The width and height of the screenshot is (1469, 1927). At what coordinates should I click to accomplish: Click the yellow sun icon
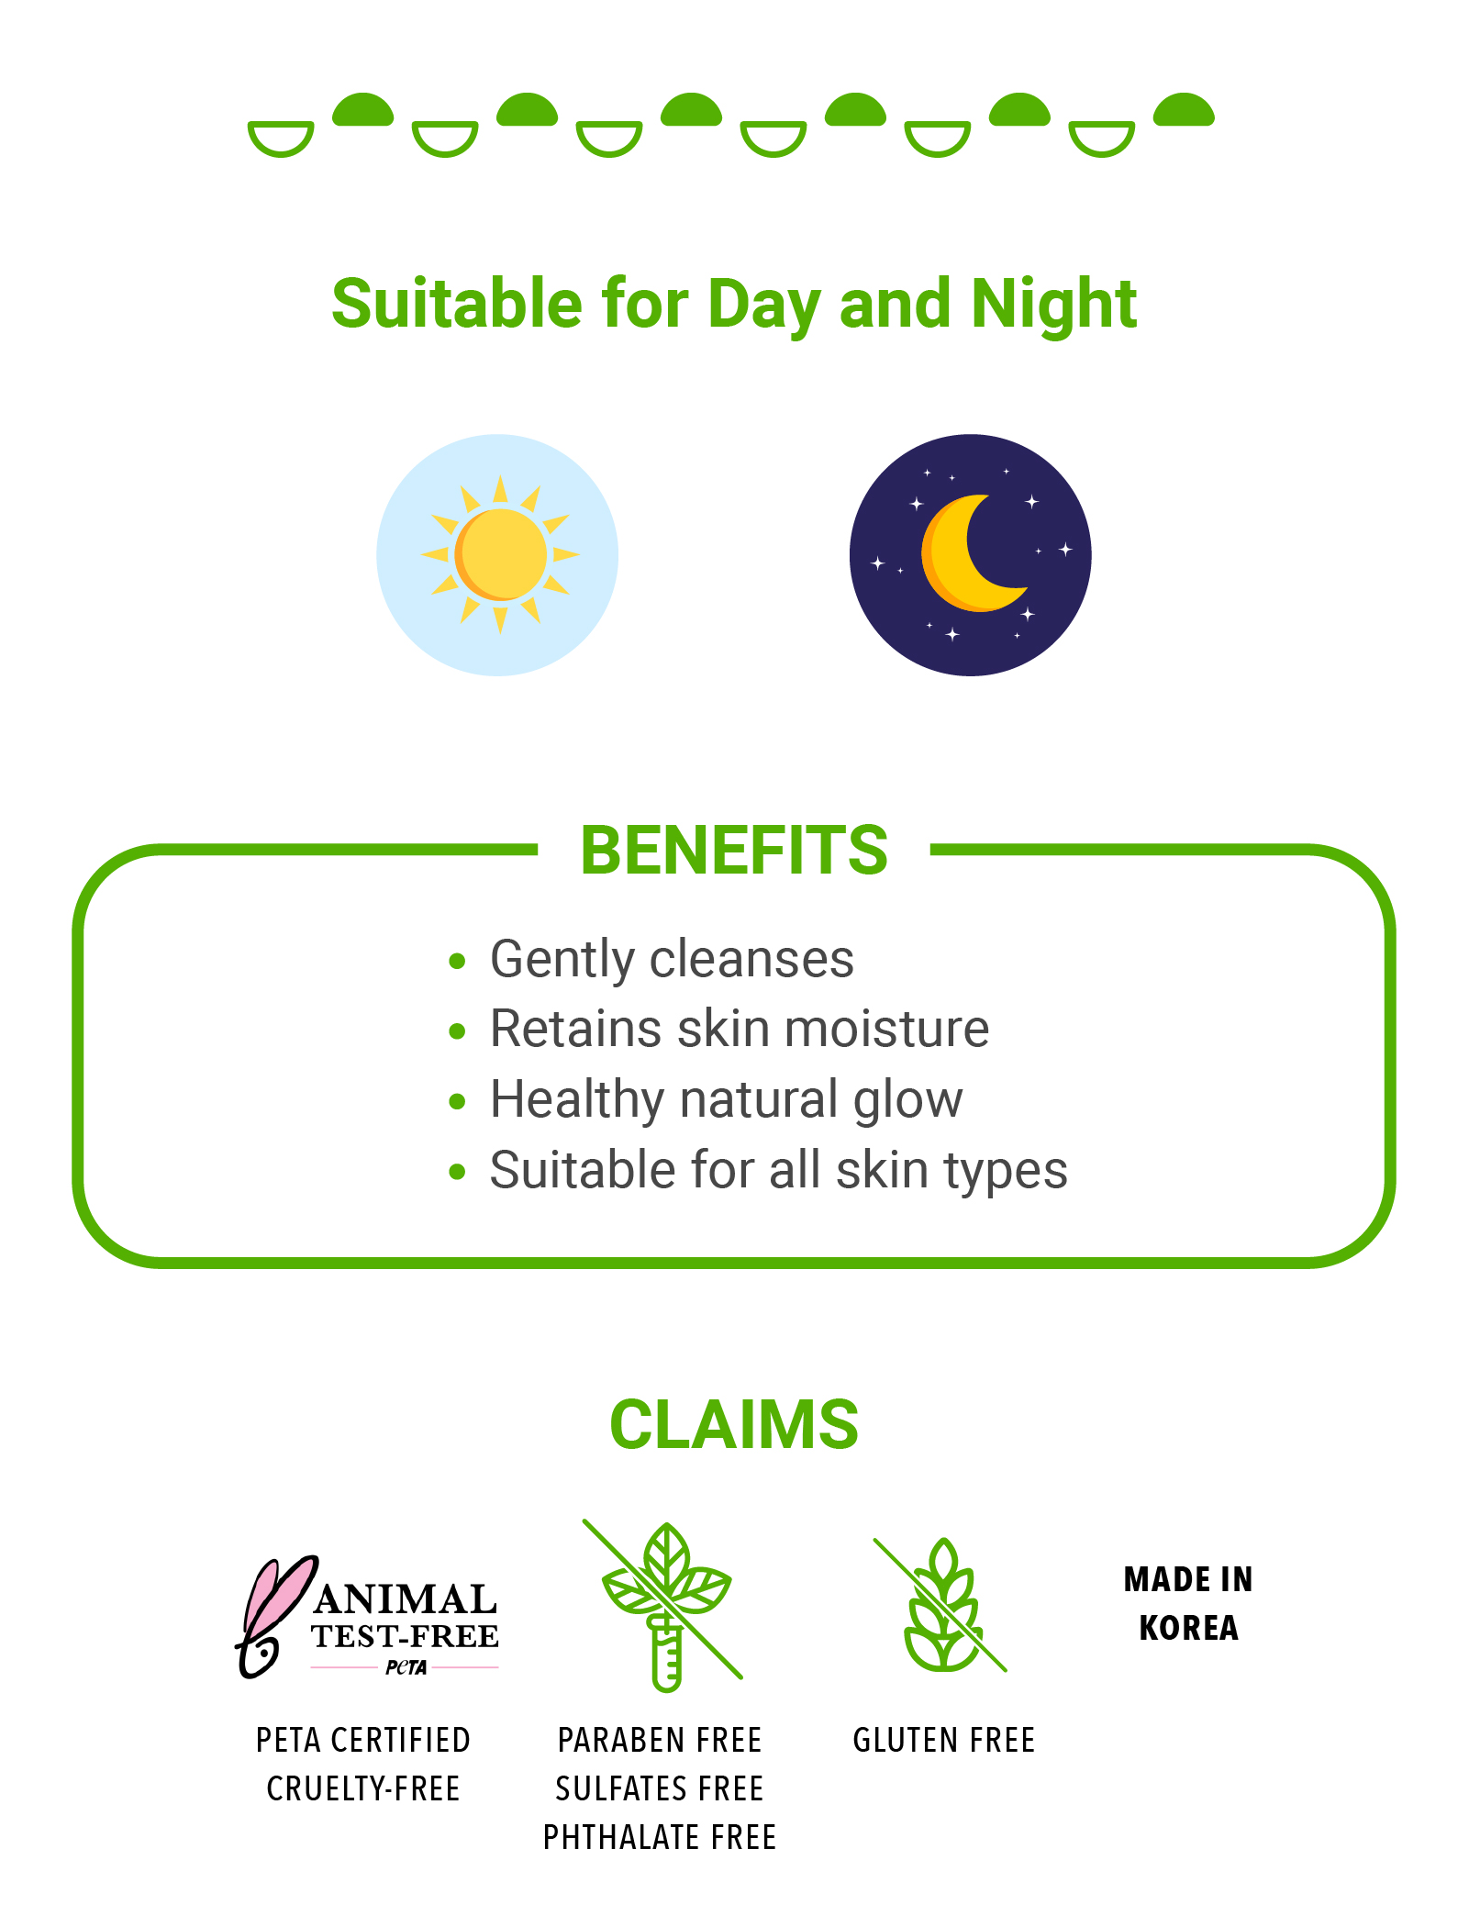pyautogui.click(x=499, y=554)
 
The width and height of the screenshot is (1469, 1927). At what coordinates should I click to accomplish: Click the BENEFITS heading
pyautogui.click(x=734, y=850)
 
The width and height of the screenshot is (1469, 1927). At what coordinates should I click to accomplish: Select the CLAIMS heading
pyautogui.click(x=734, y=1424)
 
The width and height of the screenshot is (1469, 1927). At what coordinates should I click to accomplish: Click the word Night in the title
pyautogui.click(x=1054, y=304)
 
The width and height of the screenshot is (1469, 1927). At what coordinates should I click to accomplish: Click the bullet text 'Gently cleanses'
pyautogui.click(x=672, y=960)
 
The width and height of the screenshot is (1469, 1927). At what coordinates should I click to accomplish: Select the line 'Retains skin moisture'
pyautogui.click(x=740, y=1029)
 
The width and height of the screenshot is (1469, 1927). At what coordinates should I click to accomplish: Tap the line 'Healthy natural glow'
pyautogui.click(x=727, y=1099)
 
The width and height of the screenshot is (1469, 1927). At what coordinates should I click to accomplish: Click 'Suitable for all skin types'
pyautogui.click(x=779, y=1170)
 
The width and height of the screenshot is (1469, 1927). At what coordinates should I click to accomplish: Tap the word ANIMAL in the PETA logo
pyautogui.click(x=406, y=1599)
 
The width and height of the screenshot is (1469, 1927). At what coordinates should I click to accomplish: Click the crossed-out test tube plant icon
pyautogui.click(x=665, y=1606)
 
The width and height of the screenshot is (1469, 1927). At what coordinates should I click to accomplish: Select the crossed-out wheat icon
pyautogui.click(x=941, y=1606)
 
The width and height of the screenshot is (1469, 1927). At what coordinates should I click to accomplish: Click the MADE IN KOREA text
pyautogui.click(x=1188, y=1603)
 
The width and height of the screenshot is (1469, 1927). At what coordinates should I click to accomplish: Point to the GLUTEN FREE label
pyautogui.click(x=944, y=1740)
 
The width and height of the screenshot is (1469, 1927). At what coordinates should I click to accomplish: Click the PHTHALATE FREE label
pyautogui.click(x=660, y=1837)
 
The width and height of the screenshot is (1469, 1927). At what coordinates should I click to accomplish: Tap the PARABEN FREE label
pyautogui.click(x=660, y=1740)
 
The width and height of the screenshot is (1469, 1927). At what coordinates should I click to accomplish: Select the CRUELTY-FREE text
pyautogui.click(x=363, y=1788)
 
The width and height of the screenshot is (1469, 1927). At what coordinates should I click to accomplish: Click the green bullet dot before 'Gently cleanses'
pyautogui.click(x=458, y=962)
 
